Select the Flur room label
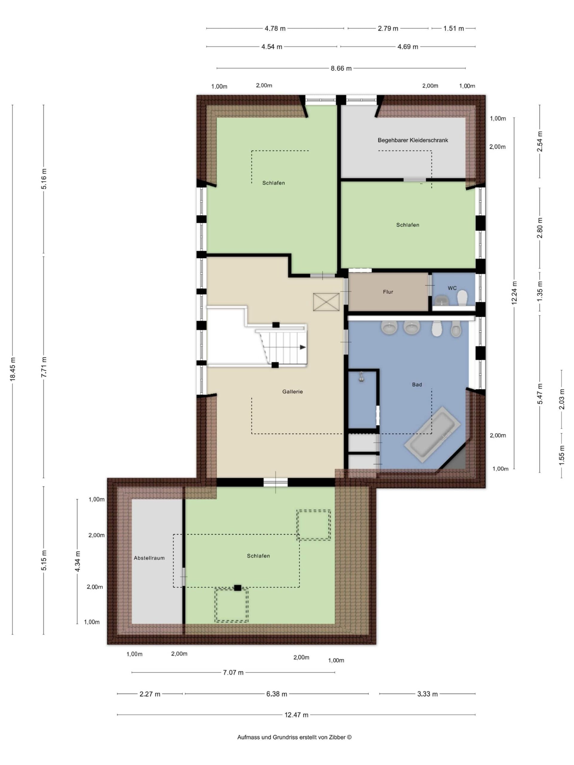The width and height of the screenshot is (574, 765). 388,292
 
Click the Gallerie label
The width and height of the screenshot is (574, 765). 292,391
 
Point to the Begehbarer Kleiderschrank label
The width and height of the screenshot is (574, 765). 413,140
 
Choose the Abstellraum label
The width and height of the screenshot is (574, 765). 149,558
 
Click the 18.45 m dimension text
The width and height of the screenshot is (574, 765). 13,369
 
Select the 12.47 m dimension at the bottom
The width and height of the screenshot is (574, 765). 297,715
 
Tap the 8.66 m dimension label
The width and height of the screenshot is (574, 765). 341,68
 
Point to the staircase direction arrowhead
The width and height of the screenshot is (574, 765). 303,347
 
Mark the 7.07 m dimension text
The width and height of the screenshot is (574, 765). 233,672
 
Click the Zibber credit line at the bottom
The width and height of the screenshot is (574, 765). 294,737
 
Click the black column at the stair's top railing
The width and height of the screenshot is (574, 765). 276,325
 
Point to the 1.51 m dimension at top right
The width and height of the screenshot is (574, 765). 454,28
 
